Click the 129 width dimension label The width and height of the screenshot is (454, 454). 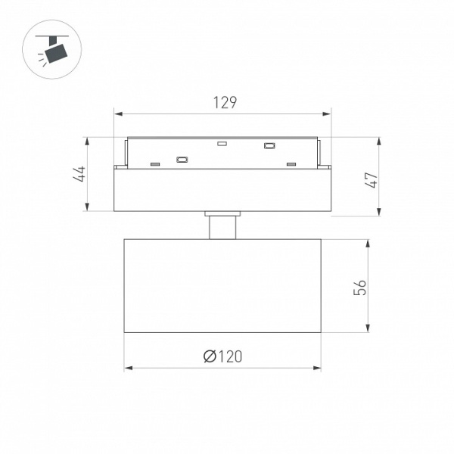(225, 102)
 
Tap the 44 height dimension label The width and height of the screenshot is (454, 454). (79, 174)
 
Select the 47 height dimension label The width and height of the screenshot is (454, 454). (372, 180)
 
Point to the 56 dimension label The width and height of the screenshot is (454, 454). (360, 288)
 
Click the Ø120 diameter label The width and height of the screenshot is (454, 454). (222, 356)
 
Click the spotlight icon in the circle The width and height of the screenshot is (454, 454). (52, 48)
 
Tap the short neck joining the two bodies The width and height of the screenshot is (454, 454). (222, 228)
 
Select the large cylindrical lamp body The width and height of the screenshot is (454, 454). (222, 286)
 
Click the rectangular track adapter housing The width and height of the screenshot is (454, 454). (222, 190)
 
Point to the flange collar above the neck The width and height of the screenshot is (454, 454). (222, 213)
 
